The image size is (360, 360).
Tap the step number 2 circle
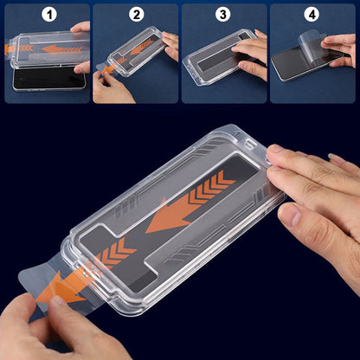(135, 15)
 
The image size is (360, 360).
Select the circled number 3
(224, 15)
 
